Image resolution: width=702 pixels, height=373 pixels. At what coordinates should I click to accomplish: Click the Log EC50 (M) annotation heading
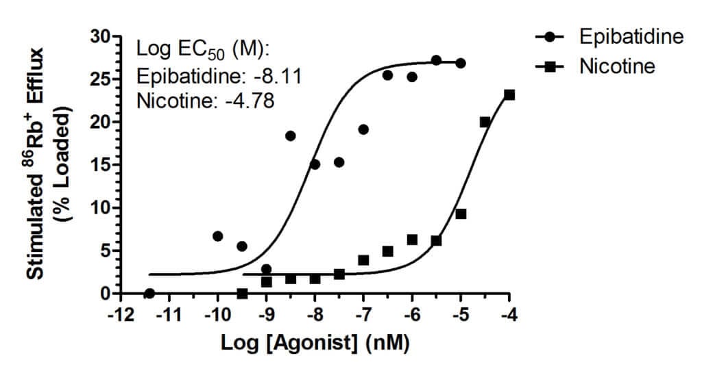pyautogui.click(x=204, y=49)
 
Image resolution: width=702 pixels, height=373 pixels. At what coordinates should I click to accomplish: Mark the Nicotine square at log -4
pyautogui.click(x=509, y=94)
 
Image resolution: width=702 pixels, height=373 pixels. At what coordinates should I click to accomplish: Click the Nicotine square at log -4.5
pyautogui.click(x=485, y=122)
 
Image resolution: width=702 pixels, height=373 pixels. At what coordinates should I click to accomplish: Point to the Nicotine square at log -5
pyautogui.click(x=461, y=214)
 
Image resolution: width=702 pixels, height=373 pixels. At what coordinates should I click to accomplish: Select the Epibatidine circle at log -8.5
pyautogui.click(x=291, y=136)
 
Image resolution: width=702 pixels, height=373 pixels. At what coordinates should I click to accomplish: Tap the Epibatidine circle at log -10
pyautogui.click(x=218, y=236)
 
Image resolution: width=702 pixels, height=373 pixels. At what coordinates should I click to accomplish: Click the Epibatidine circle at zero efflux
pyautogui.click(x=149, y=293)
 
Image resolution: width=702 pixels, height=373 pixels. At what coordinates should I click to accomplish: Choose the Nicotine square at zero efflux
pyautogui.click(x=242, y=293)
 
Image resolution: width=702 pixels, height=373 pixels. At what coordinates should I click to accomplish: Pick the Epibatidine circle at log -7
pyautogui.click(x=363, y=129)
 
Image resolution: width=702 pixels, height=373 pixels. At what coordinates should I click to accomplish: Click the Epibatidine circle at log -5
pyautogui.click(x=461, y=63)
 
